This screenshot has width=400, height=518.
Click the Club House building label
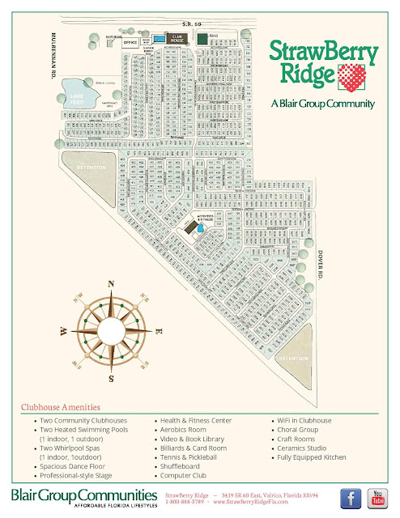(x=177, y=38)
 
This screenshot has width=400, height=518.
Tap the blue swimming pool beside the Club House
(x=159, y=38)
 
